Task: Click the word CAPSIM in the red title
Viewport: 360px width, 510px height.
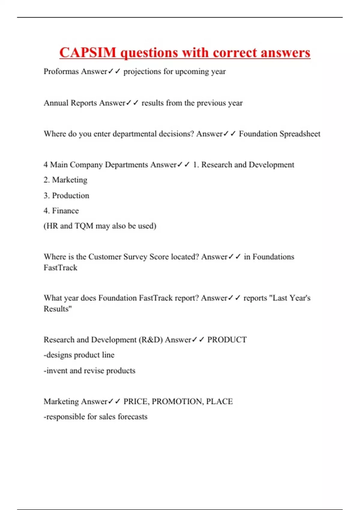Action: (x=88, y=53)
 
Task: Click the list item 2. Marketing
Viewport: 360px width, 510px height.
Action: (x=65, y=180)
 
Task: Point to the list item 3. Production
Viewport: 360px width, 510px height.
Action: (x=66, y=196)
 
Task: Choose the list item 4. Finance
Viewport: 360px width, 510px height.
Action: (x=61, y=211)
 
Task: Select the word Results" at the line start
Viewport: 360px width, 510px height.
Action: (x=58, y=309)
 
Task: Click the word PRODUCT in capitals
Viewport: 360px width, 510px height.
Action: (x=227, y=340)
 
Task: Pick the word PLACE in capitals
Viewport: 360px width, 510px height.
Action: (x=219, y=401)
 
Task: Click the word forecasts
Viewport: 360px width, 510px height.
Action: (x=133, y=417)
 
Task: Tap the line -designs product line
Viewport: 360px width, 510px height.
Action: (x=79, y=355)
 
